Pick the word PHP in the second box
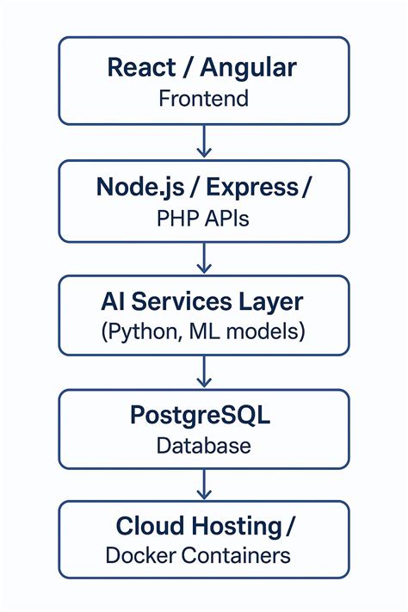176,218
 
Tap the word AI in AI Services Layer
113,301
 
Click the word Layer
270,302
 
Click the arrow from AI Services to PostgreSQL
204,370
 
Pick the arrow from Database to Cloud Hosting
204,484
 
